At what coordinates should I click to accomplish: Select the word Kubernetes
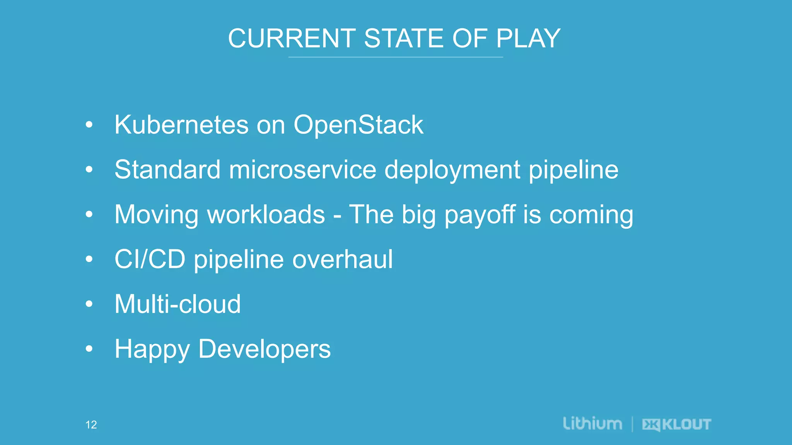click(181, 125)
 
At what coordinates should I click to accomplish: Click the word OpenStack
click(358, 126)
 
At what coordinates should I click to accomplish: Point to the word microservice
click(302, 170)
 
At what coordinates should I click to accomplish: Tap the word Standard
click(167, 170)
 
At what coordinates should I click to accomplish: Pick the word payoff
click(480, 215)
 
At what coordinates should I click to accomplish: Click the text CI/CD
click(150, 259)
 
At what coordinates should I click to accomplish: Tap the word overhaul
click(343, 259)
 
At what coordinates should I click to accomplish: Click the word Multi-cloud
click(178, 304)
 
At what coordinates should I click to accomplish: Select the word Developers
click(265, 349)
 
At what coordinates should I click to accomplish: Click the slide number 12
click(91, 425)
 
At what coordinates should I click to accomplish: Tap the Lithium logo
click(592, 423)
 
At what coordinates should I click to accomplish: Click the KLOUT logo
click(677, 425)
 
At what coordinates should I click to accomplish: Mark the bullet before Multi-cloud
click(89, 304)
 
